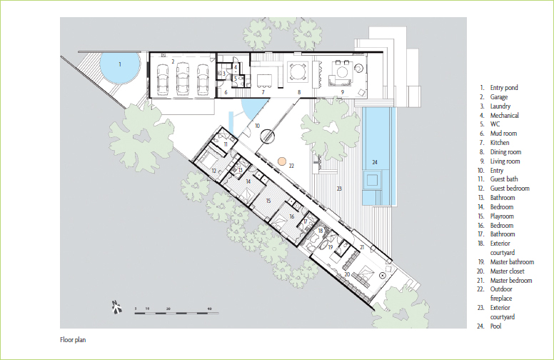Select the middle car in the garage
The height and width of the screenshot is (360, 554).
coord(183,79)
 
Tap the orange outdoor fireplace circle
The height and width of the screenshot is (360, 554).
coord(281,161)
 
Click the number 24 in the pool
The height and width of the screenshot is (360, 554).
coord(375,162)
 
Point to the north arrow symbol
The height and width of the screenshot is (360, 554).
coord(117,307)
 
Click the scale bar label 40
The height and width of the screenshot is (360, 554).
coord(209,309)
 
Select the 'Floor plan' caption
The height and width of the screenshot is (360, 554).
coord(73,340)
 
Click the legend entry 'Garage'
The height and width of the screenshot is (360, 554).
coord(499,97)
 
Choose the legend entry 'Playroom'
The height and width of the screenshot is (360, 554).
coord(502,216)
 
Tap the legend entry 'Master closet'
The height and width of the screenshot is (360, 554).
coord(508,271)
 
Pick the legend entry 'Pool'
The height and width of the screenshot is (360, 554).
coord(495,326)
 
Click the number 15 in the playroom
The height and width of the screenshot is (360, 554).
coord(268,201)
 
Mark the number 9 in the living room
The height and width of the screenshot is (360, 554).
coord(343,92)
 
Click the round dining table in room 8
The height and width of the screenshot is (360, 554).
coord(294,72)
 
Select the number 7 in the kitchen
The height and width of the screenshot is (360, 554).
coord(263,92)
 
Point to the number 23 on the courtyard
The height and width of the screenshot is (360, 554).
coord(339,189)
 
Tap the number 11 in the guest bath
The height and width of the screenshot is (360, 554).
coord(226,144)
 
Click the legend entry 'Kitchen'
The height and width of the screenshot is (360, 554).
coord(500,143)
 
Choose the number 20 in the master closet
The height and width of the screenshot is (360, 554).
coord(347,274)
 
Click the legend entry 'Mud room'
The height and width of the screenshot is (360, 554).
coord(503,134)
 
